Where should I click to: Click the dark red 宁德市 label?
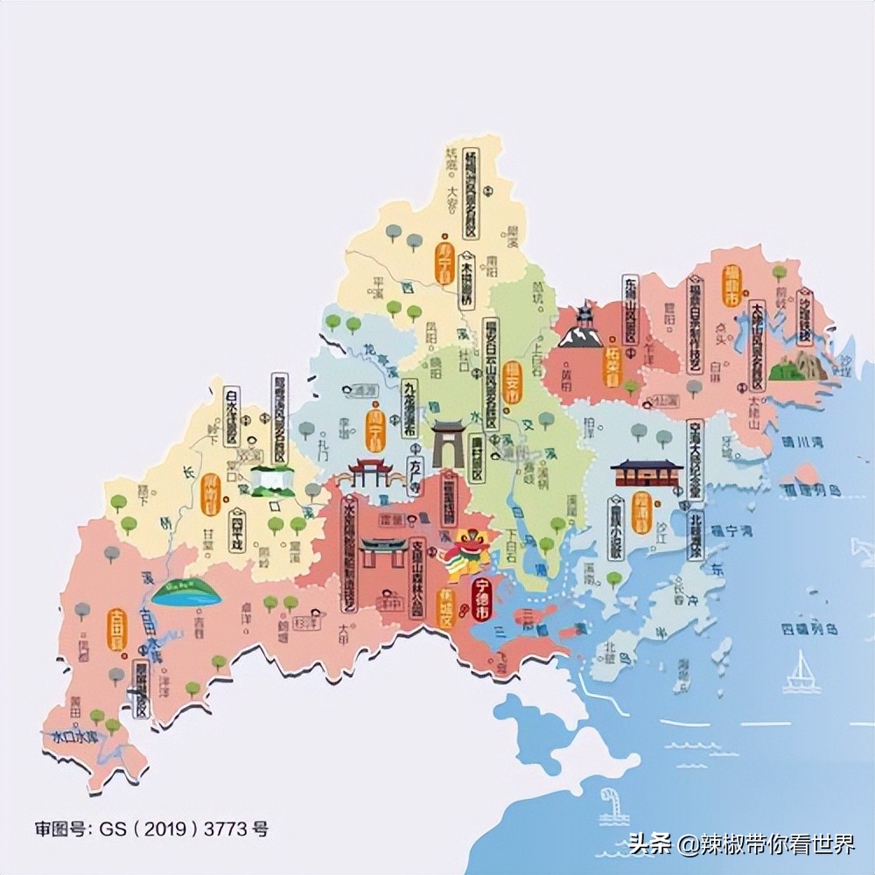pyautogui.click(x=481, y=599)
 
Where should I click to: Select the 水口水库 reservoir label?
pyautogui.click(x=74, y=735)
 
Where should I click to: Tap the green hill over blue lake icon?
pyautogui.click(x=185, y=592)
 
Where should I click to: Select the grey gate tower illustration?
pyautogui.click(x=449, y=442)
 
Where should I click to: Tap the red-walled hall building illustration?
pyautogui.click(x=646, y=472)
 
